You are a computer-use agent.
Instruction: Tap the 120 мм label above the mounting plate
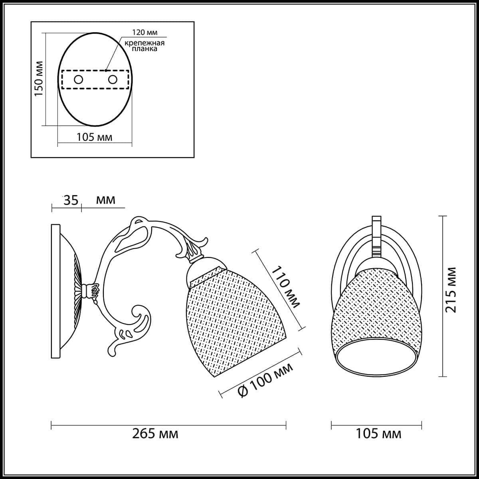(x=144, y=33)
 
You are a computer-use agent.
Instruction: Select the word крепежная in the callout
(x=144, y=43)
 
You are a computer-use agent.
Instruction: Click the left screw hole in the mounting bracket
(x=78, y=80)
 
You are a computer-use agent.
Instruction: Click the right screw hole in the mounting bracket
(x=113, y=80)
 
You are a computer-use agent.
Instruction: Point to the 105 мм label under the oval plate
(x=95, y=137)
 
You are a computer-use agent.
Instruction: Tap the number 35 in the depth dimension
(x=71, y=200)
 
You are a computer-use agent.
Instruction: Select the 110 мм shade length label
(x=286, y=287)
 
